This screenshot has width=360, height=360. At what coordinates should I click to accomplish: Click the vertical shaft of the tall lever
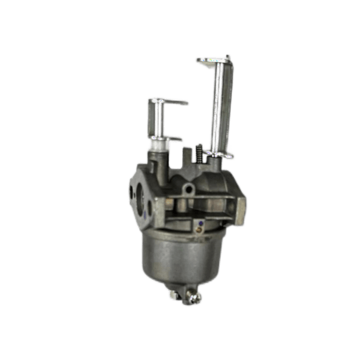click(220, 108)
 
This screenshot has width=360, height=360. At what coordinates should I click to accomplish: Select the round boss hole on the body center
click(190, 189)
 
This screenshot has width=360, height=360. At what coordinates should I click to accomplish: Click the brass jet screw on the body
click(200, 226)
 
